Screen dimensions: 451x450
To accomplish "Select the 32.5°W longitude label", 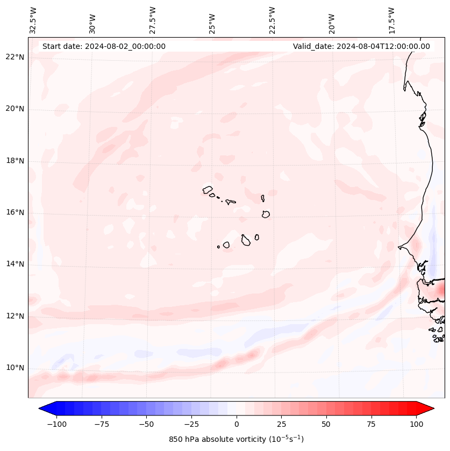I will click(x=33, y=20).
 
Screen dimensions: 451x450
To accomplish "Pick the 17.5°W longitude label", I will click(x=391, y=20).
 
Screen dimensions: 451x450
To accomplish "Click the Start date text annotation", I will click(x=104, y=46).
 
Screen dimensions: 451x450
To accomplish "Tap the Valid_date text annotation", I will click(x=361, y=46).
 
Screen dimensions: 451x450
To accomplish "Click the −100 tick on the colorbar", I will click(x=56, y=424).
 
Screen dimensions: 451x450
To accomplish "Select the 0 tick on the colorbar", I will click(x=237, y=424).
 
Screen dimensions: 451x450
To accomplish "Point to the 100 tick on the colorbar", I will click(x=416, y=424).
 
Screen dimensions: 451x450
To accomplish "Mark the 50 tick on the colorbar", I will click(x=326, y=424).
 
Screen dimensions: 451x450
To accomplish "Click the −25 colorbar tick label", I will click(x=191, y=424).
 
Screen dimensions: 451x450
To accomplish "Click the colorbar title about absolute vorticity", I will click(x=236, y=439).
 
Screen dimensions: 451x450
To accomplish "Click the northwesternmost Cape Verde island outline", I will click(x=208, y=190).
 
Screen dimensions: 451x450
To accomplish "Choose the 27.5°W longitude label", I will click(x=153, y=20).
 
